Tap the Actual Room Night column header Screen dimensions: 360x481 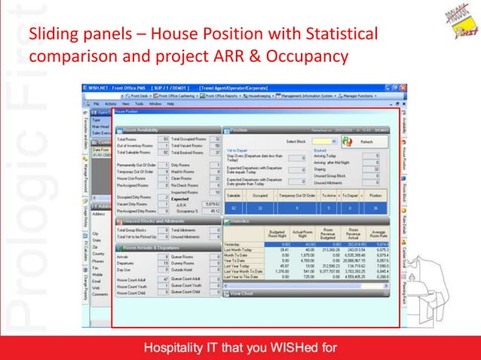coord(302,234)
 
